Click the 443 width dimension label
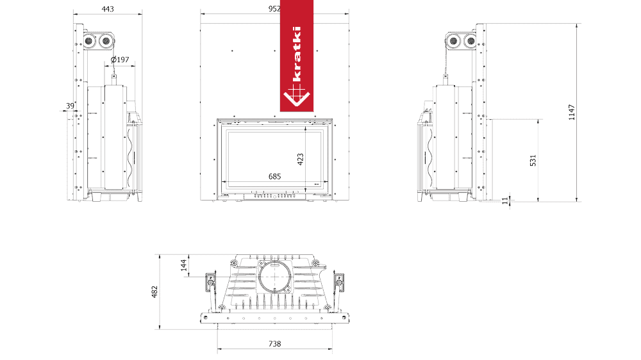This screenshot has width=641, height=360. coord(108,10)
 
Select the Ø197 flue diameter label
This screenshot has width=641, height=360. coord(120,60)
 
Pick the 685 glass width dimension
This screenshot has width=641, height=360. coord(274,176)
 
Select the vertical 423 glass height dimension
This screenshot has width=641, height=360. coord(299,158)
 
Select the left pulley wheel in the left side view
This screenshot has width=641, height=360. coord(88,41)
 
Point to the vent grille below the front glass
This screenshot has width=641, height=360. coord(274,196)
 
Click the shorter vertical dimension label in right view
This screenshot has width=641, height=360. coord(533,160)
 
